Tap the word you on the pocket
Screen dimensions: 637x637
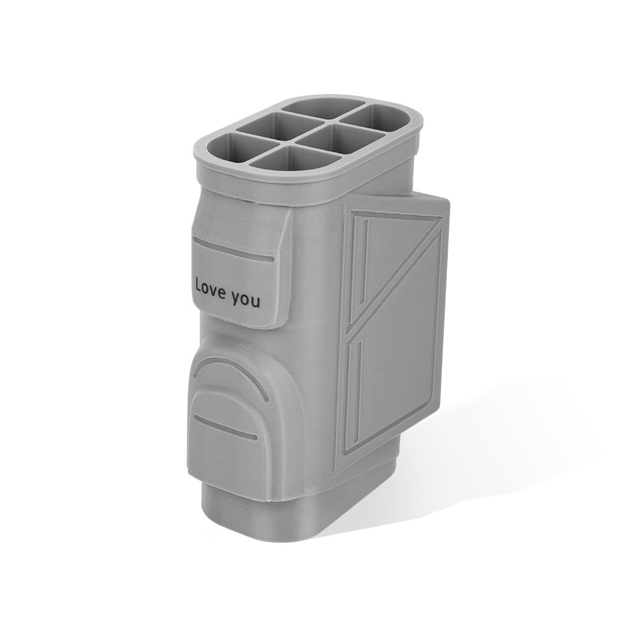(246, 300)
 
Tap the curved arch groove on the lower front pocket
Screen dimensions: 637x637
(232, 369)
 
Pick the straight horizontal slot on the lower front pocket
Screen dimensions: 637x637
(225, 426)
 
